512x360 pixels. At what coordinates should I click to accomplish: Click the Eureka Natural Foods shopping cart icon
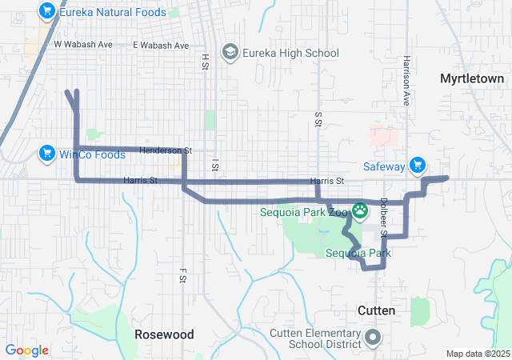[x=46, y=12]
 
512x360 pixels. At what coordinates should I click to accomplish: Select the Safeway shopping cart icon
[x=417, y=166]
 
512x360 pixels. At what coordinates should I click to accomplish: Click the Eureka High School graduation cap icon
[x=230, y=53]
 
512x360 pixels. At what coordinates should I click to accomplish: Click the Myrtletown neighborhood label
[x=472, y=78]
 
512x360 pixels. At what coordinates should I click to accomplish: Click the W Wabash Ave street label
[x=83, y=45]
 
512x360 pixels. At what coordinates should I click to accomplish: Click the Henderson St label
[x=166, y=150]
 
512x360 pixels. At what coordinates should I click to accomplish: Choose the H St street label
[x=205, y=61]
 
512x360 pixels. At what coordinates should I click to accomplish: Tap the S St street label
[x=318, y=118]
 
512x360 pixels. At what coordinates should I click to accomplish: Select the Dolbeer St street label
[x=383, y=217]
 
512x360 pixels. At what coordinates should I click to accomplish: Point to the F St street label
[x=182, y=276]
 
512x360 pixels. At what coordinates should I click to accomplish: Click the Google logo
[x=27, y=350]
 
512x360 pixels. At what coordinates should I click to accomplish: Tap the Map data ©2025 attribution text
[x=477, y=354]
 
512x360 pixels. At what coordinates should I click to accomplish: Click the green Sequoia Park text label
[x=358, y=254]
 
